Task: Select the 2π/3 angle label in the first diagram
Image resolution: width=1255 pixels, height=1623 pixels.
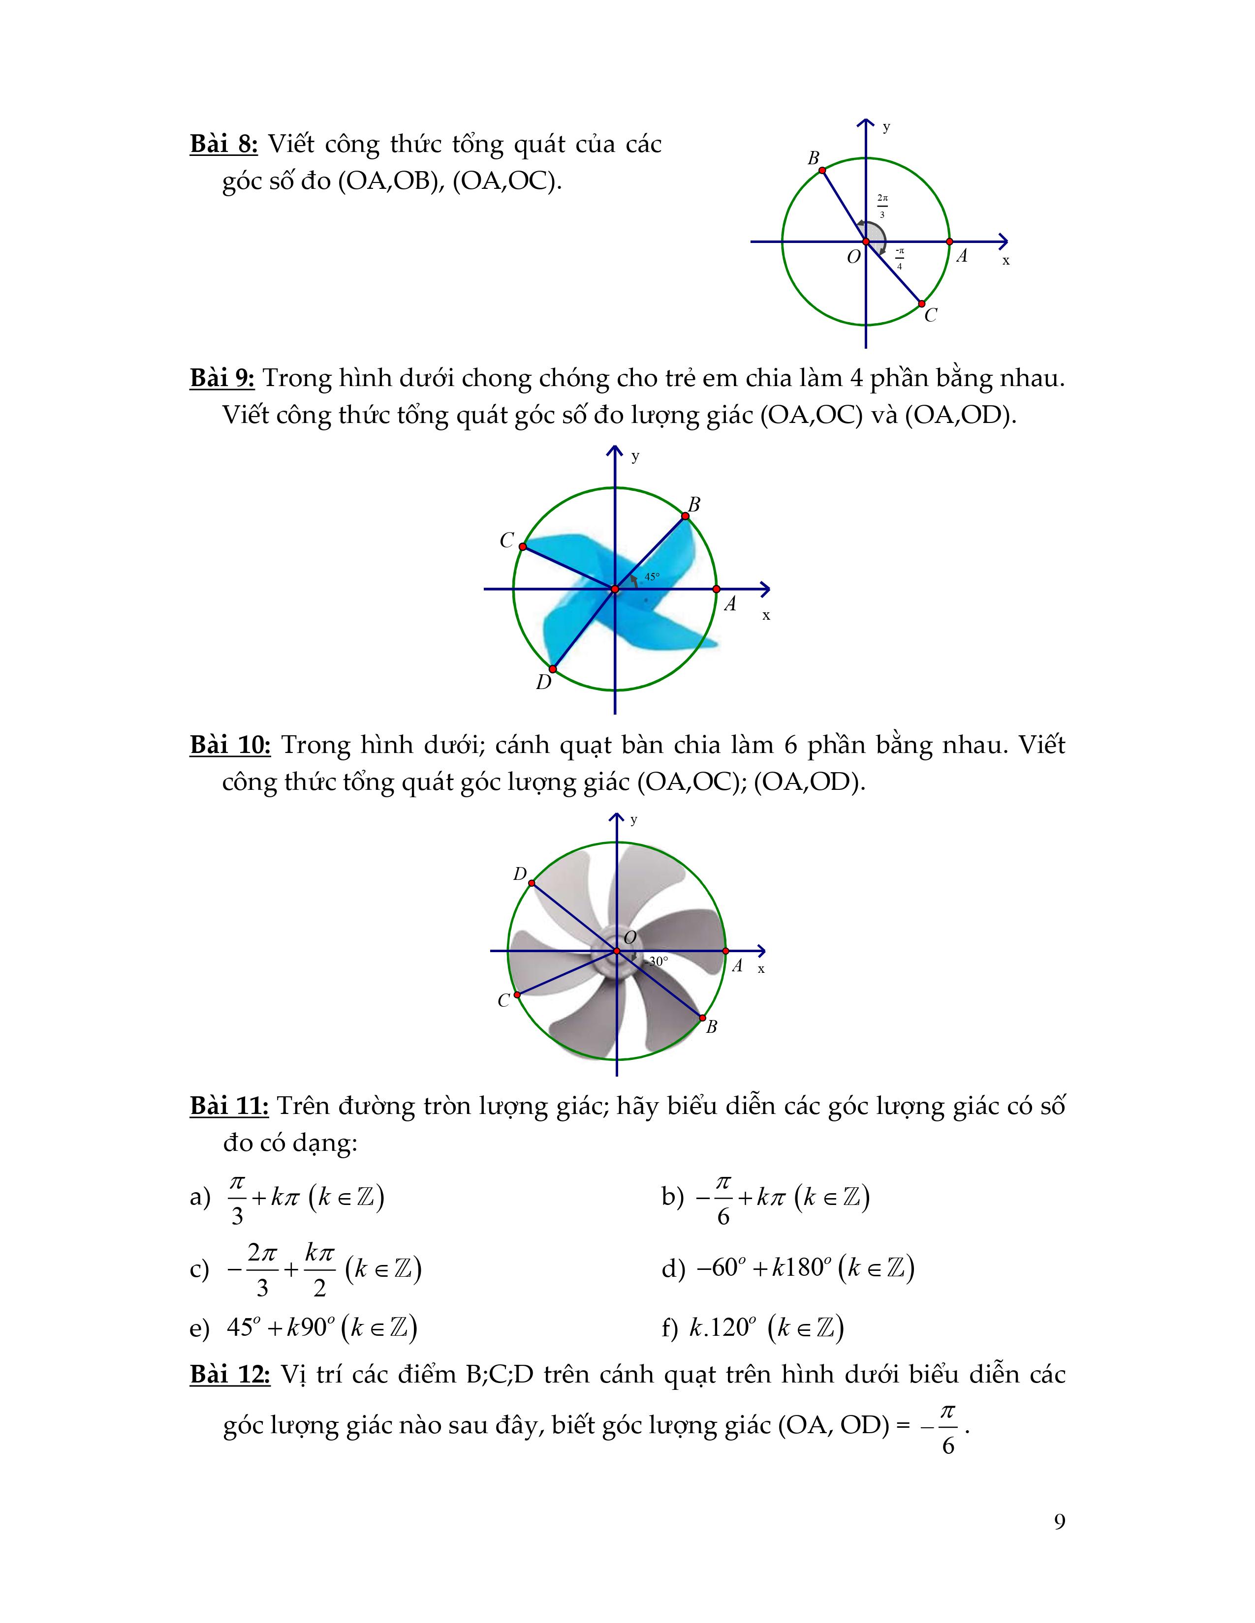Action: point(882,206)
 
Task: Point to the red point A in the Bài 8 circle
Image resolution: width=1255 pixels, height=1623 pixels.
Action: point(949,241)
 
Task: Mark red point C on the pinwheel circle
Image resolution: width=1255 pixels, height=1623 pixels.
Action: point(523,546)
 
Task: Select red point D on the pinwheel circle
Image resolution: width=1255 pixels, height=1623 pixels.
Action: point(552,669)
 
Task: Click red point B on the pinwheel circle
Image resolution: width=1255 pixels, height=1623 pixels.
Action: point(685,516)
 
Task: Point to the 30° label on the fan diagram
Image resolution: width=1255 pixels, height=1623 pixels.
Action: point(658,961)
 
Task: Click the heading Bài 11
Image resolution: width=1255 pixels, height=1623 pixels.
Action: point(229,1106)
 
